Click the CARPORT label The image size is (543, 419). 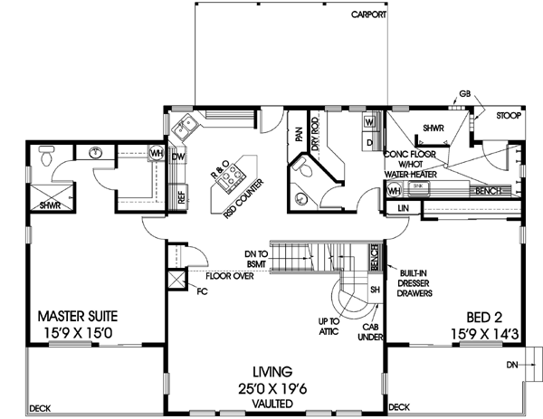pyautogui.click(x=368, y=15)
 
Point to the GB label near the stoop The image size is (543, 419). pyautogui.click(x=464, y=93)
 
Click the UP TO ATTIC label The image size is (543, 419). pyautogui.click(x=328, y=326)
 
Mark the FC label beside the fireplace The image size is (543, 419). pyautogui.click(x=202, y=292)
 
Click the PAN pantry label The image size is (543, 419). pyautogui.click(x=298, y=133)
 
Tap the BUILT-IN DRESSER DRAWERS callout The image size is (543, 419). pyautogui.click(x=414, y=282)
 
